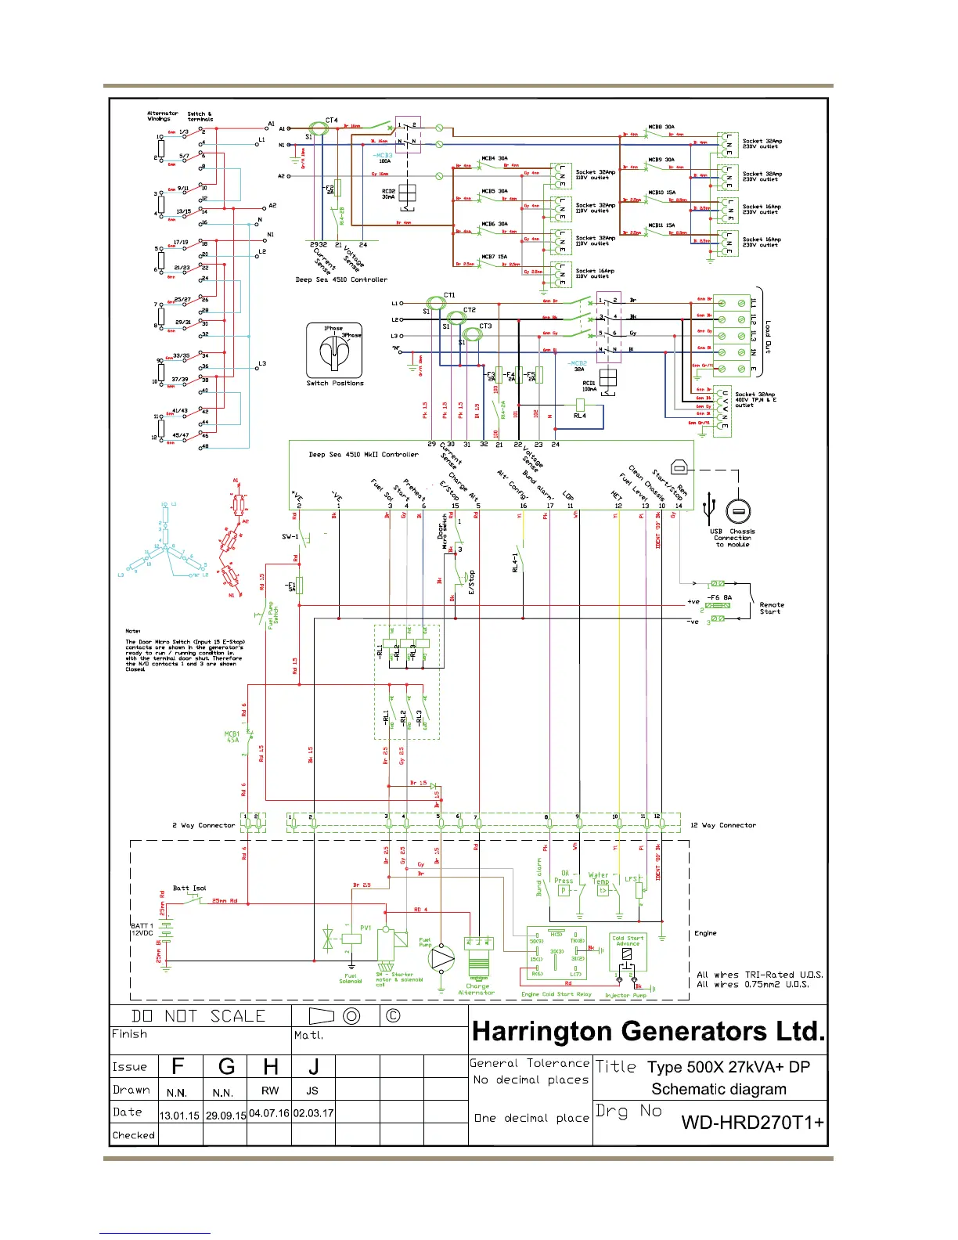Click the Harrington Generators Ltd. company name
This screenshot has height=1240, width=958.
coord(648,1031)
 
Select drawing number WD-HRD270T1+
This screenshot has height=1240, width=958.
coord(751,1123)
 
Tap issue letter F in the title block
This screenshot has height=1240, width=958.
coord(178,1066)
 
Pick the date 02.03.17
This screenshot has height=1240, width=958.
coord(313,1113)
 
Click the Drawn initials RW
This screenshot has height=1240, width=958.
coord(270,1090)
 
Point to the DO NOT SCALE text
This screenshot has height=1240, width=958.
coord(199,1016)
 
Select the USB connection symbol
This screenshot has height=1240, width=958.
coord(710,509)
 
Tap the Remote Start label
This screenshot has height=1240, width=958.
coord(771,608)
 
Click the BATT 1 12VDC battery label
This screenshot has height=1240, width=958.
coord(142,929)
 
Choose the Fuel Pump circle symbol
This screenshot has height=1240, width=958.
coord(441,957)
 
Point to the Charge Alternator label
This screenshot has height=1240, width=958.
coord(477,989)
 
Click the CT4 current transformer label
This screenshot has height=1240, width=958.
coord(332,121)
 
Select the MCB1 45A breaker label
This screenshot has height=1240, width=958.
coord(232,737)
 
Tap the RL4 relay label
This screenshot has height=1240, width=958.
coord(579,416)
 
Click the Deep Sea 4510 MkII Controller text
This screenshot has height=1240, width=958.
coord(363,454)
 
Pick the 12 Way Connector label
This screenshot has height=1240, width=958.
coord(722,825)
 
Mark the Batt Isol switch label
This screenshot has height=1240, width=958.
coord(189,888)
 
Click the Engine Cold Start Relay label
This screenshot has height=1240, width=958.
coord(556,994)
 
